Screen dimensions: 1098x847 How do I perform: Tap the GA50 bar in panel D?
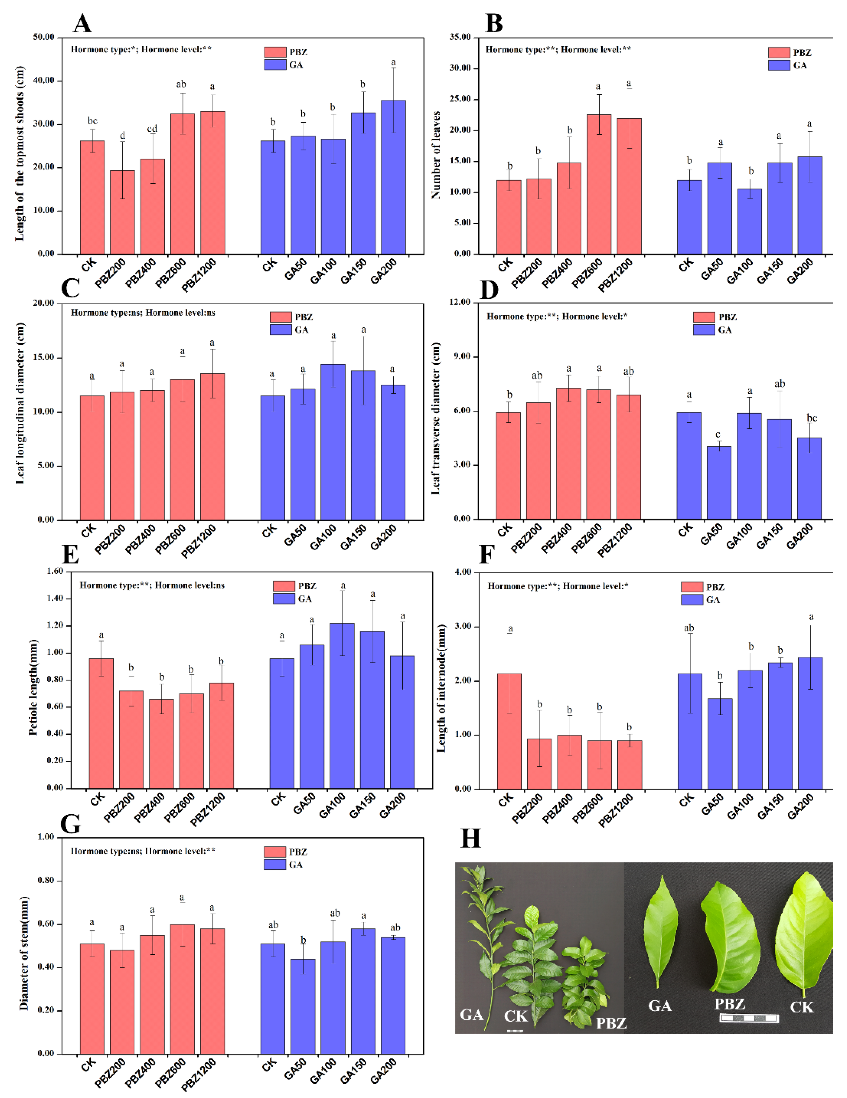click(x=719, y=483)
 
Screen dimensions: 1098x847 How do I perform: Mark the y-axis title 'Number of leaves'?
click(x=436, y=155)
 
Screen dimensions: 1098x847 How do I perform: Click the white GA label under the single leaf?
click(x=659, y=1006)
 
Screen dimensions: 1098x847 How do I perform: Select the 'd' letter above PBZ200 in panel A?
click(x=122, y=136)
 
